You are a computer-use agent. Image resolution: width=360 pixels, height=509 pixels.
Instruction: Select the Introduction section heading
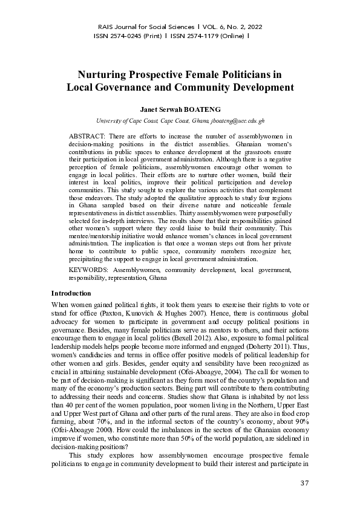click(74, 293)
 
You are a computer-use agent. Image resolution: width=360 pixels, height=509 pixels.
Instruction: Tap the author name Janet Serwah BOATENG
click(180, 111)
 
